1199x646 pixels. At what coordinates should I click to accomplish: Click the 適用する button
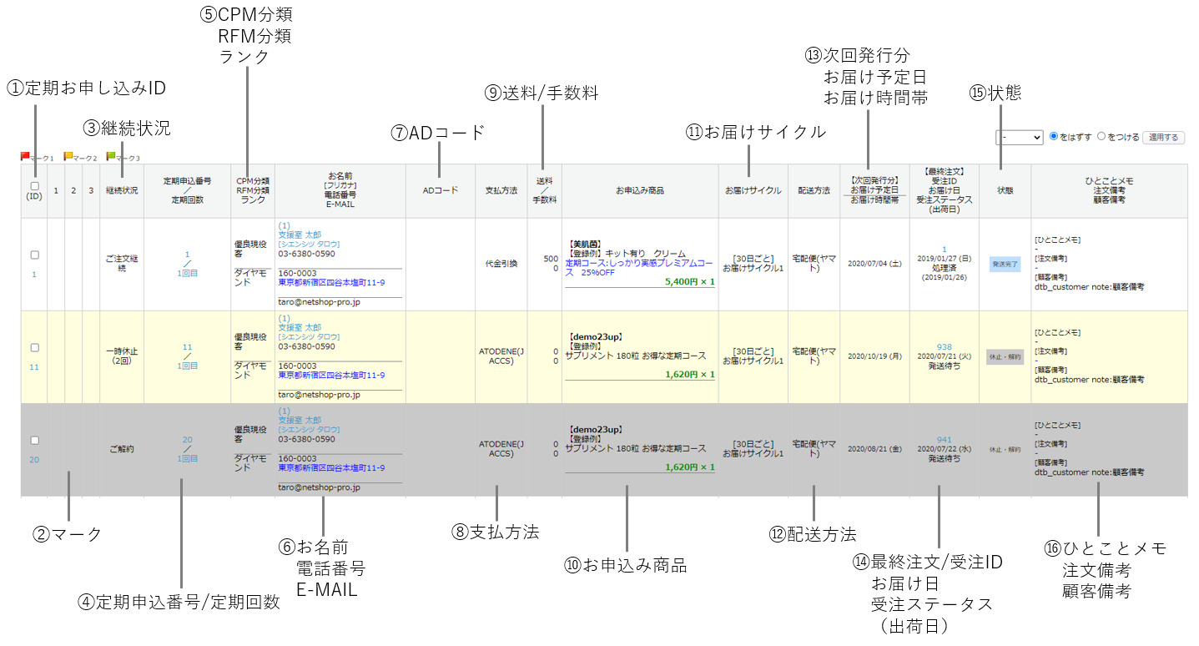pyautogui.click(x=1163, y=137)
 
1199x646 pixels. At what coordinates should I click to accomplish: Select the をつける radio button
pyautogui.click(x=1101, y=136)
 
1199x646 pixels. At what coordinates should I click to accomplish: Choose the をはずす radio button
pyautogui.click(x=1054, y=136)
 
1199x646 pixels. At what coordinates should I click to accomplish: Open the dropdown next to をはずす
pyautogui.click(x=1019, y=137)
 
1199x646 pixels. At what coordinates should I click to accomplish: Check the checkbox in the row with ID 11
pyautogui.click(x=35, y=347)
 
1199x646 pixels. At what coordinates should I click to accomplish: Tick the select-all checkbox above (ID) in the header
pyautogui.click(x=34, y=186)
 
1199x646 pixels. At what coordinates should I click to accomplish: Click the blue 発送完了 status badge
pyautogui.click(x=1005, y=264)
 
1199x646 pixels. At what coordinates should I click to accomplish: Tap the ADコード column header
pyautogui.click(x=440, y=190)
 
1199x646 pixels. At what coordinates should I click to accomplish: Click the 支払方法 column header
pyautogui.click(x=501, y=190)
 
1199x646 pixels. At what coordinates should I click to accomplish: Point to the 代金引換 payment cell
pyautogui.click(x=501, y=264)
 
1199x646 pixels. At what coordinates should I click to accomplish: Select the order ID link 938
pyautogui.click(x=944, y=347)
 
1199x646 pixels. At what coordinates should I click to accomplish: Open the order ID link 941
pyautogui.click(x=944, y=440)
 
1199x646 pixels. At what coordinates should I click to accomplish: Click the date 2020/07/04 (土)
pyautogui.click(x=874, y=264)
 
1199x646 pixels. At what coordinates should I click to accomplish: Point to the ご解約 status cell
pyautogui.click(x=122, y=449)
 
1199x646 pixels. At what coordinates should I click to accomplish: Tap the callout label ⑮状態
pyautogui.click(x=995, y=93)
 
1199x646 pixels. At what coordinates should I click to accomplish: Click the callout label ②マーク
pyautogui.click(x=68, y=535)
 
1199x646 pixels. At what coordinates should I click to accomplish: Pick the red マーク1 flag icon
pyautogui.click(x=25, y=156)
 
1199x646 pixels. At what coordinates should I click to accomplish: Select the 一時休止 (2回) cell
pyautogui.click(x=122, y=356)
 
